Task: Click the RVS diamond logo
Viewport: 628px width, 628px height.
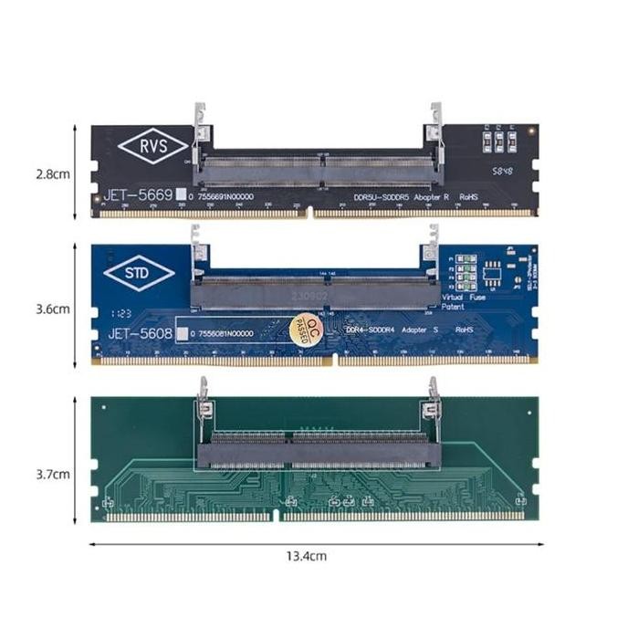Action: click(153, 146)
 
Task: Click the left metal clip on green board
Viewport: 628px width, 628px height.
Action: click(203, 393)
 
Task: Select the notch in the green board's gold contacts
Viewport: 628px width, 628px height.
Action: click(277, 517)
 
